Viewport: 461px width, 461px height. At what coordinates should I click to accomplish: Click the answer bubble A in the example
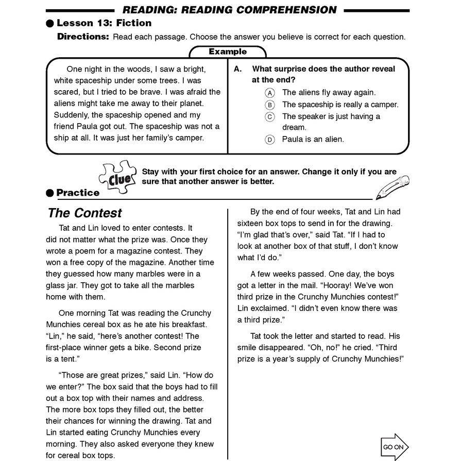(x=270, y=93)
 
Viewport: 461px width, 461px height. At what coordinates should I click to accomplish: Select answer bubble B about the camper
(x=270, y=105)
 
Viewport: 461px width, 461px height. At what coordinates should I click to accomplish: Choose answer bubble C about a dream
(x=270, y=116)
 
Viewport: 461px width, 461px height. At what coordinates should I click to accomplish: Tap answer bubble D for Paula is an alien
(x=270, y=140)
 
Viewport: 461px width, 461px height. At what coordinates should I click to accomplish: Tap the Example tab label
(x=228, y=52)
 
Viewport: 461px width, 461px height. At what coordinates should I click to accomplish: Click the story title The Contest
(x=85, y=213)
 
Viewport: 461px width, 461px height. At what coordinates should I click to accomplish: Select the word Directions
(x=83, y=37)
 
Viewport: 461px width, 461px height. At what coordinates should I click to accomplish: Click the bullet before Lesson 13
(x=50, y=23)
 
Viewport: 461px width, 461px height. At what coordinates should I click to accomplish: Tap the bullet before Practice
(x=50, y=193)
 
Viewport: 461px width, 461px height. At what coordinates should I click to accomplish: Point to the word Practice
(x=78, y=193)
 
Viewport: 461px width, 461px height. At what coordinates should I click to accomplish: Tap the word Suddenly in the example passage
(x=71, y=115)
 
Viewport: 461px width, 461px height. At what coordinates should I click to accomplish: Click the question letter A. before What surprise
(x=237, y=69)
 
